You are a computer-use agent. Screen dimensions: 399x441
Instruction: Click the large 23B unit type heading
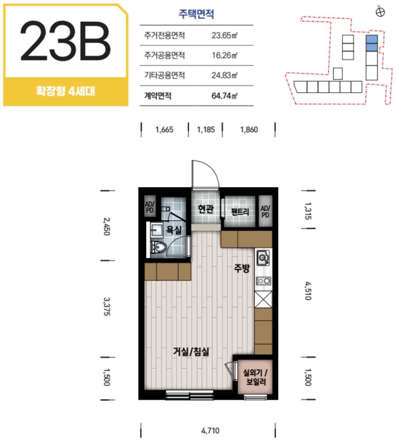[x=65, y=41]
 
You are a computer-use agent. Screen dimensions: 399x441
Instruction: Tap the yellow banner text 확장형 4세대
[x=65, y=91]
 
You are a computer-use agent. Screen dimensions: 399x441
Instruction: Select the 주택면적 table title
[x=197, y=14]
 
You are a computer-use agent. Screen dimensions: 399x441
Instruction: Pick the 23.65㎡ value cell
[x=225, y=36]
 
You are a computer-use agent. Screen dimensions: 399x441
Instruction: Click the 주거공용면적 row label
[x=164, y=56]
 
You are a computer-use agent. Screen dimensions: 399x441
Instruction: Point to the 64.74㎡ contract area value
[x=225, y=96]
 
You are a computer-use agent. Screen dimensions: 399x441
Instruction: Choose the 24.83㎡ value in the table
[x=225, y=76]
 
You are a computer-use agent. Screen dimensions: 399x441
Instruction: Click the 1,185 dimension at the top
[x=206, y=130]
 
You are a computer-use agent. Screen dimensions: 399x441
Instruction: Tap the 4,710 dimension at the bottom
[x=210, y=431]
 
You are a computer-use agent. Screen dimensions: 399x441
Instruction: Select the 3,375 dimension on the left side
[x=107, y=307]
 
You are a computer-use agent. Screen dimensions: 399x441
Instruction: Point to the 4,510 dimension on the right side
[x=308, y=291]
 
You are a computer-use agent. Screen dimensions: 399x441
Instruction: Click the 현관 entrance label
[x=206, y=209]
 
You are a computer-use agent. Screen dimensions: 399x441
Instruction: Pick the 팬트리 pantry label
[x=240, y=211]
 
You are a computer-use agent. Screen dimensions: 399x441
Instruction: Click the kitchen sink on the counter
[x=263, y=257]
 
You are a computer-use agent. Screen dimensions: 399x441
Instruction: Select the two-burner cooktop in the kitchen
[x=263, y=281]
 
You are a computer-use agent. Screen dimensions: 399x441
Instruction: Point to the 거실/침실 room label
[x=191, y=351]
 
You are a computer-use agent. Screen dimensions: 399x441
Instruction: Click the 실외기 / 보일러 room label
[x=255, y=377]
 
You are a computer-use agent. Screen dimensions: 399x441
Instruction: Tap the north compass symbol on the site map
[x=380, y=12]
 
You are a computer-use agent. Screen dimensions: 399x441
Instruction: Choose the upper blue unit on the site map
[x=372, y=39]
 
